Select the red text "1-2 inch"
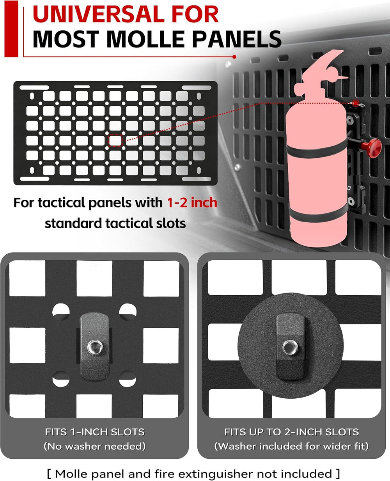click(x=192, y=202)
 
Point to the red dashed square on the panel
click(x=115, y=141)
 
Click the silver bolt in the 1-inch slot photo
click(x=95, y=347)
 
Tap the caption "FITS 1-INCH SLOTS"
click(x=95, y=432)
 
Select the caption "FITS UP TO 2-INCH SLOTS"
click(x=291, y=432)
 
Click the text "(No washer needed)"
click(x=94, y=446)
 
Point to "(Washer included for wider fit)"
click(x=291, y=446)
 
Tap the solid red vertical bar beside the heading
click(x=11, y=29)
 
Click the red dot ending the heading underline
click(x=234, y=57)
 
